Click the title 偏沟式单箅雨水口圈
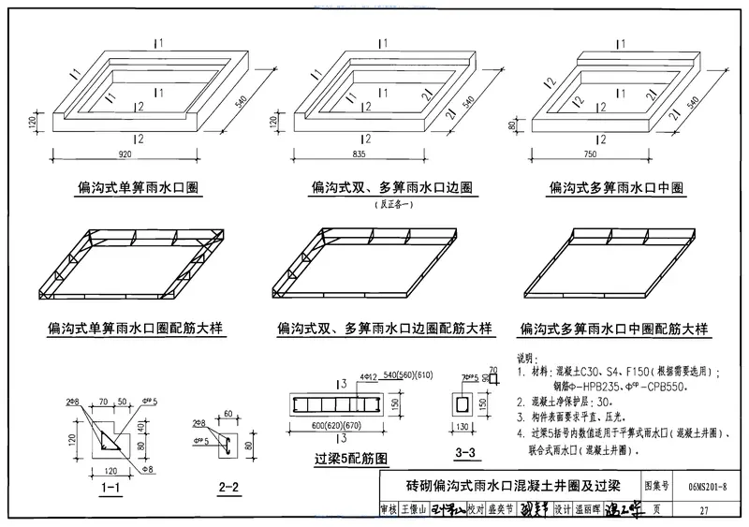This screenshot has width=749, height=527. click(139, 188)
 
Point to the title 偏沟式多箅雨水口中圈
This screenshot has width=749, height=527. click(614, 188)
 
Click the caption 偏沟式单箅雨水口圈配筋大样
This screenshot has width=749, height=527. click(140, 329)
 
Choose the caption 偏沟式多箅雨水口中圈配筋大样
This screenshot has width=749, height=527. click(614, 329)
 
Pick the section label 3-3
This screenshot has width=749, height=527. click(465, 453)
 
